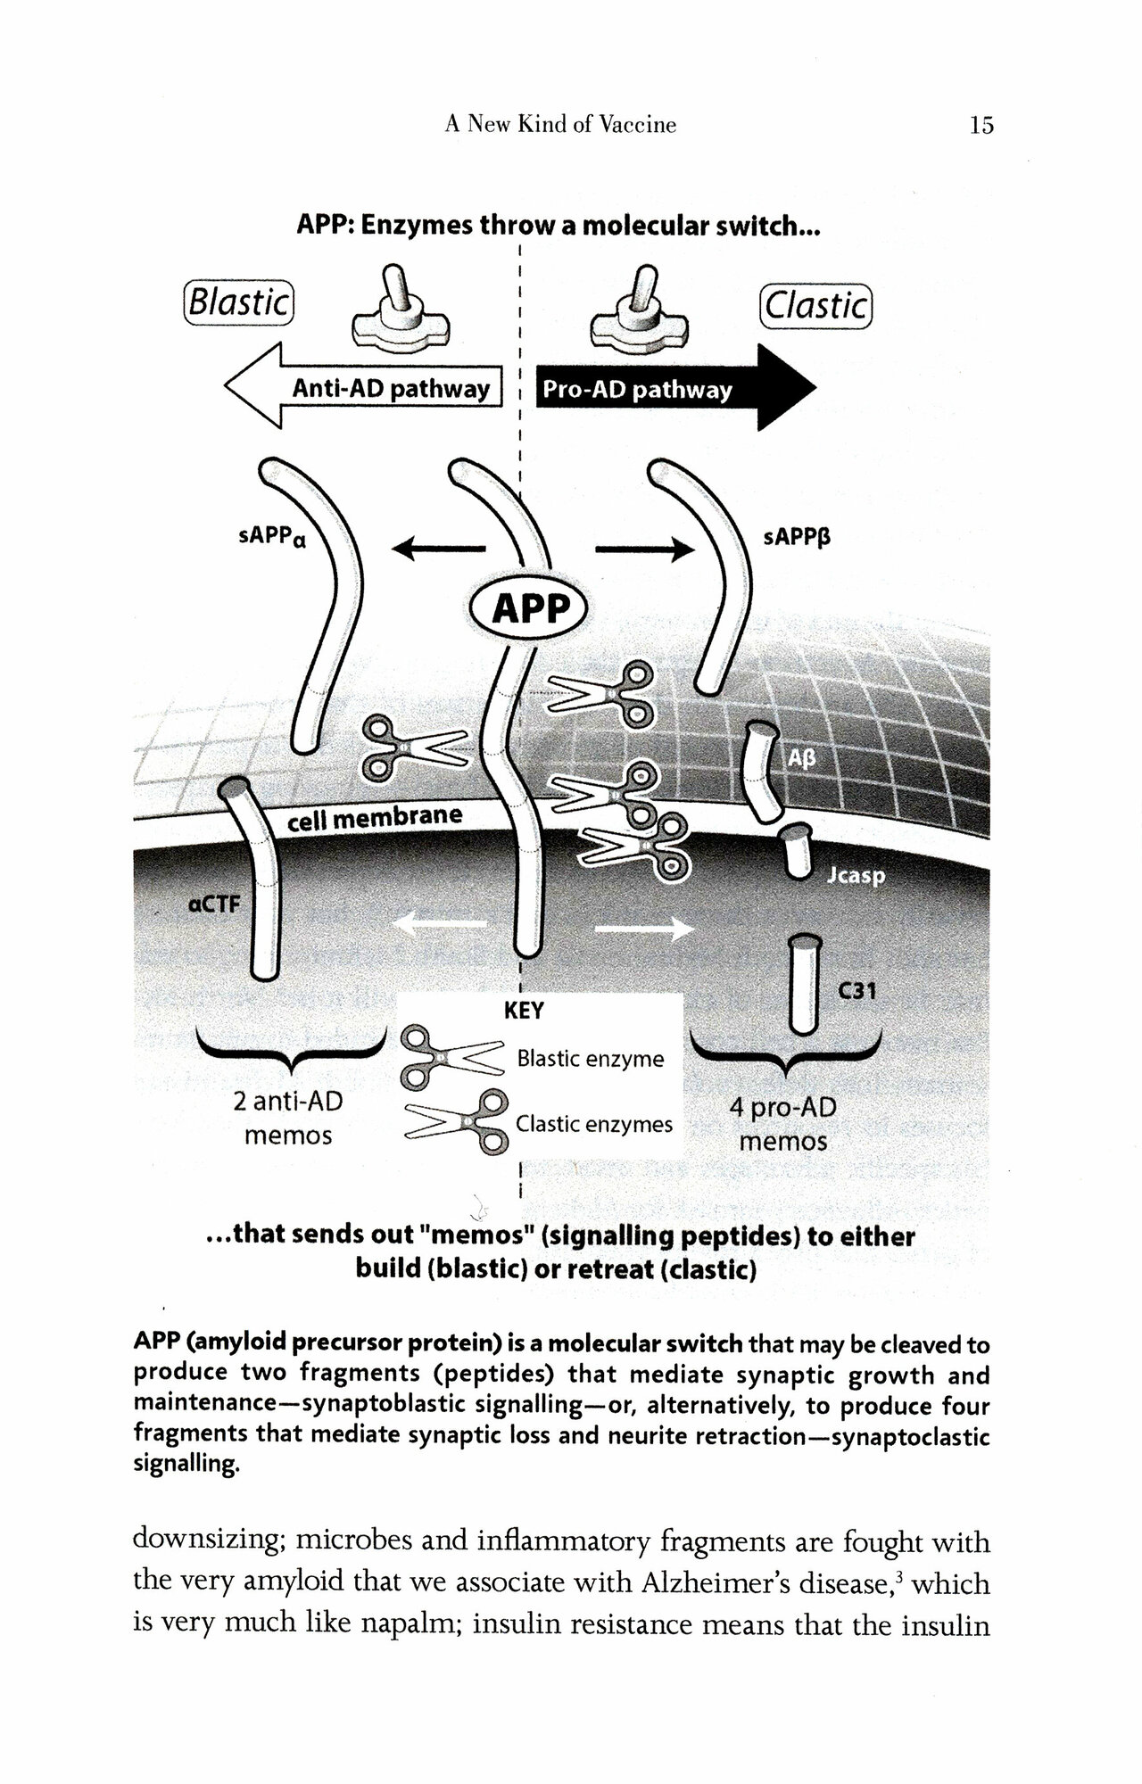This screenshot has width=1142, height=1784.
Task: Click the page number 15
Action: coord(981,125)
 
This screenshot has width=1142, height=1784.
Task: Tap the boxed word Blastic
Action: coord(239,303)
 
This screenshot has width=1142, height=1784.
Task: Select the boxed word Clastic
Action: coord(815,306)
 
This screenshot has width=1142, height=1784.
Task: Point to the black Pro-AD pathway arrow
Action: coord(669,389)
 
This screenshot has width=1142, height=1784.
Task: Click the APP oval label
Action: coord(531,609)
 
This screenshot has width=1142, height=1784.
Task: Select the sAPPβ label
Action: coord(797,539)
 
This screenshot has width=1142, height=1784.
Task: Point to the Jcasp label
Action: coord(856,876)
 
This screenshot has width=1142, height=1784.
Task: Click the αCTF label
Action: coord(214,904)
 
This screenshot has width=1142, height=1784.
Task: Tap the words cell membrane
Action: coord(375,816)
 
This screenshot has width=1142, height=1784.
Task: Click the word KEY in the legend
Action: coord(524,1012)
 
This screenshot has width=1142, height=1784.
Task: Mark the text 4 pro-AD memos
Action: coord(782,1125)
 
